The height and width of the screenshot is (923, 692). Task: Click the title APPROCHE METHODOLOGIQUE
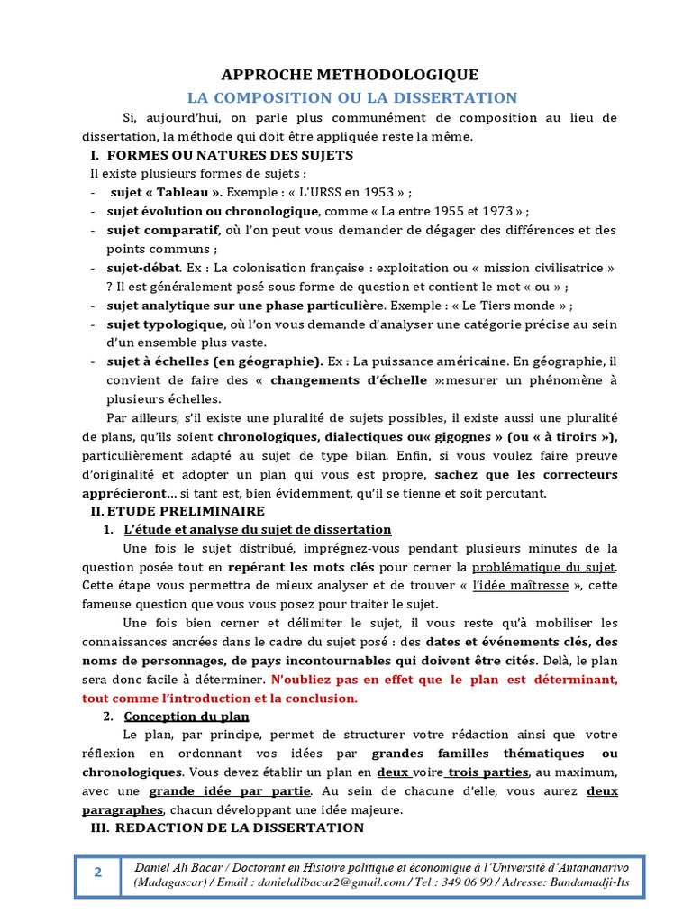[x=351, y=75]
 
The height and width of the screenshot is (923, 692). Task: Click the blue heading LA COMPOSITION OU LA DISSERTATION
[x=351, y=97]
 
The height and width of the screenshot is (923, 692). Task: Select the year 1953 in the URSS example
[x=371, y=192]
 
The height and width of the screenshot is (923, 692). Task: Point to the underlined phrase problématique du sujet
[x=543, y=567]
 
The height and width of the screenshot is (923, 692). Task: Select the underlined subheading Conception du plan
[x=187, y=717]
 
